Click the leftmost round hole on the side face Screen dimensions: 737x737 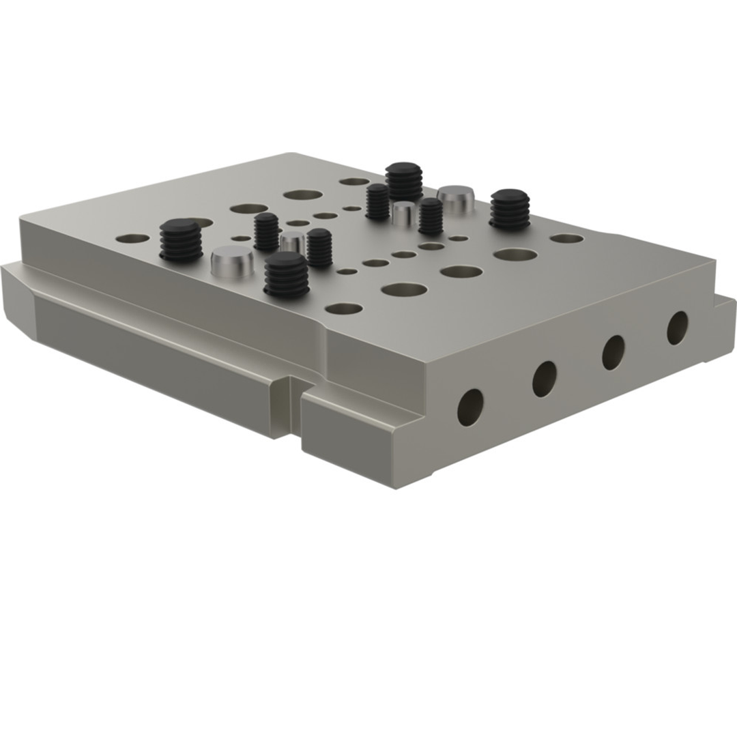[470, 407]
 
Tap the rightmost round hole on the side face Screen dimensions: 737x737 [677, 328]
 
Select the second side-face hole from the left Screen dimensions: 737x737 [544, 379]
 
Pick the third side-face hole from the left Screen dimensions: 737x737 [613, 353]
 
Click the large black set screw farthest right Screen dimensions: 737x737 [510, 208]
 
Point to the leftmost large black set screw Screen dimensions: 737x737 [182, 240]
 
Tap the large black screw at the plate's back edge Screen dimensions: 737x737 [404, 181]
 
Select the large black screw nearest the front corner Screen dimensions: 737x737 [287, 274]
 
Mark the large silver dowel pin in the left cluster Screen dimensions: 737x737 [232, 262]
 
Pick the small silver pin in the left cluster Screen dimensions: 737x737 [292, 241]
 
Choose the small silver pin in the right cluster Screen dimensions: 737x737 [404, 212]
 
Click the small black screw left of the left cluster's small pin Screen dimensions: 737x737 [267, 232]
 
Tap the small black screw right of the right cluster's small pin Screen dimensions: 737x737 [431, 216]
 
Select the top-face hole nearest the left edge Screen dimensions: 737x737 [132, 239]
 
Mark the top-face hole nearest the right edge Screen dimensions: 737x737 [566, 239]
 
